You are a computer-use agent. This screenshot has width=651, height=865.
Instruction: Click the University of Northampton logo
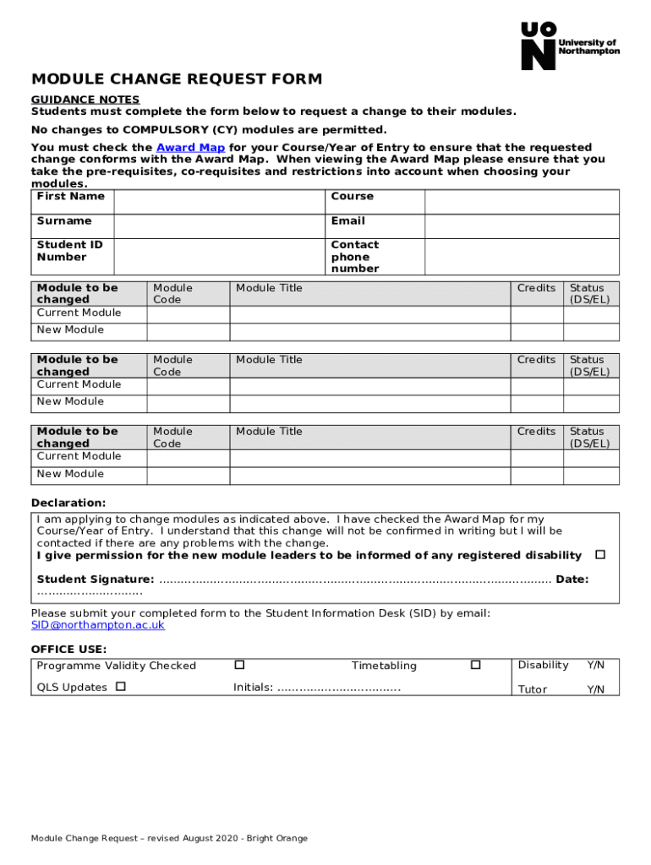570,46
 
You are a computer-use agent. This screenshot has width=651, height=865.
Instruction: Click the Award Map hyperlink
190,147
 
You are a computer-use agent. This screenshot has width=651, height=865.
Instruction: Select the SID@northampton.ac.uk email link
98,625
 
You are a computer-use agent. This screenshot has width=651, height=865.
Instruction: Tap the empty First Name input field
219,202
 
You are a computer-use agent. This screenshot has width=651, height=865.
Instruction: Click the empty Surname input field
219,226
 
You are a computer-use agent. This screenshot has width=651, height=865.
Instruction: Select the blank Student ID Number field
219,256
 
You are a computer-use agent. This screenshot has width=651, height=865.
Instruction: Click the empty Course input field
521,202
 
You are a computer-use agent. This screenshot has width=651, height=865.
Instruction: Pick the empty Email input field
521,226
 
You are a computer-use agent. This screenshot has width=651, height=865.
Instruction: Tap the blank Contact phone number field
521,256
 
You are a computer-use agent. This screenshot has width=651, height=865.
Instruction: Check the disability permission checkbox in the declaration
600,555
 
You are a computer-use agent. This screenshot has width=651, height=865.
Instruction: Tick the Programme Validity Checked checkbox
239,665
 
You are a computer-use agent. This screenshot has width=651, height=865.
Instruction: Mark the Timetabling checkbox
475,665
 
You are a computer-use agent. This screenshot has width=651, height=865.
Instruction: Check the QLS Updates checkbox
121,687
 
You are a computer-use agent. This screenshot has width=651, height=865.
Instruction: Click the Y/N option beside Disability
596,666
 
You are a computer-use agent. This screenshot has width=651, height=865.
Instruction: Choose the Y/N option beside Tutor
596,689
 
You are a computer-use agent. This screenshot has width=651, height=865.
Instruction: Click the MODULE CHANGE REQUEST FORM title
177,79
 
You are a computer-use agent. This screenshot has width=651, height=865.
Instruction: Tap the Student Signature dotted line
355,579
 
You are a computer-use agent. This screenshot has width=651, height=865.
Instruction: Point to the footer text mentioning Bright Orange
169,838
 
